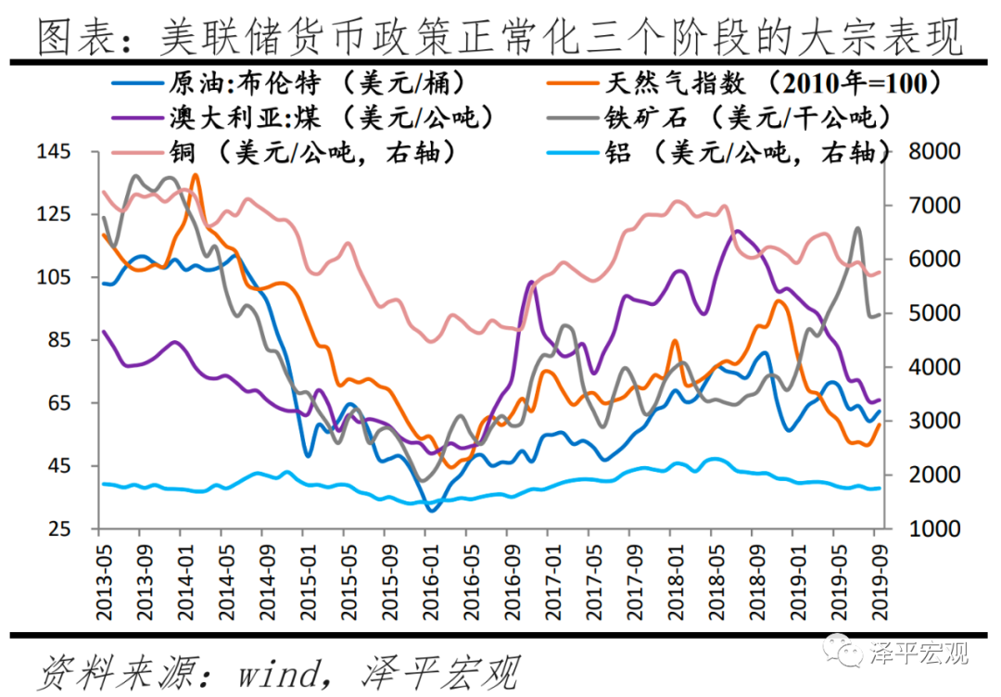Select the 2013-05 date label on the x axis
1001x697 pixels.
pyautogui.click(x=100, y=579)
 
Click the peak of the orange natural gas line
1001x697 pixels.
pyautogui.click(x=195, y=175)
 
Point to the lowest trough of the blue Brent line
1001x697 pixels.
pyautogui.click(x=431, y=509)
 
